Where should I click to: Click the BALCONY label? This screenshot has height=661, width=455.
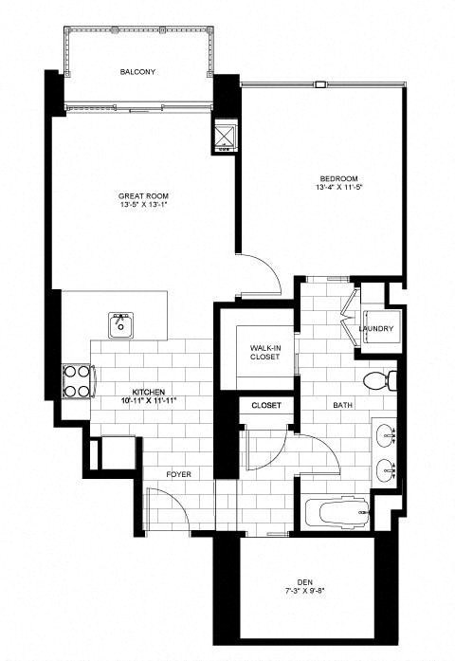tap(137, 72)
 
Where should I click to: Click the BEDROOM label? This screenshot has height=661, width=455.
tap(338, 179)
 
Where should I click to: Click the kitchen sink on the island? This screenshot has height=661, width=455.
tap(121, 322)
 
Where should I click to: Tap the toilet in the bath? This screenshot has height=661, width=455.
tap(381, 381)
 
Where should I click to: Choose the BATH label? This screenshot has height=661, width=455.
tap(342, 406)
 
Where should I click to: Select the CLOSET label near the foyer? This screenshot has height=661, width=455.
tap(265, 406)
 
